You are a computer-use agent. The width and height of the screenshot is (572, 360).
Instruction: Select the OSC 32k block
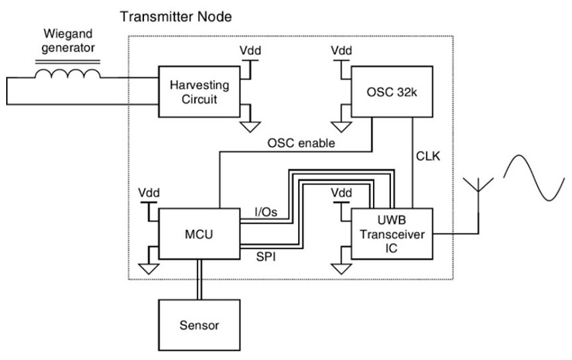pos(389,91)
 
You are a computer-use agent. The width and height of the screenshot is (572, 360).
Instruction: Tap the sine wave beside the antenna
pos(533,179)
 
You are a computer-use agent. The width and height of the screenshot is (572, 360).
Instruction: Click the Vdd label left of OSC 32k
pos(341,50)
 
